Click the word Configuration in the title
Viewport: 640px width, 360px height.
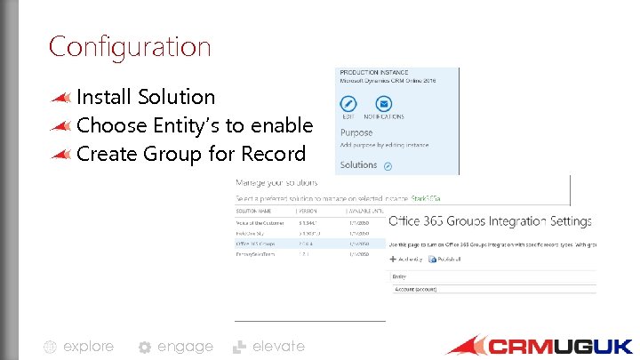[130, 46]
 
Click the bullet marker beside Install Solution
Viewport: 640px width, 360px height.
[61, 97]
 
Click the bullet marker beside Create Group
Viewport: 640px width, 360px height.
[61, 154]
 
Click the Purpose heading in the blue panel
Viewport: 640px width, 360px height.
[356, 132]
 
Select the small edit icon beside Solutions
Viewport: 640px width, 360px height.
[388, 165]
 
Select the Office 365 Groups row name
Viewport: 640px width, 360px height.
[257, 242]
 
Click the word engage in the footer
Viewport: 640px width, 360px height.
[185, 347]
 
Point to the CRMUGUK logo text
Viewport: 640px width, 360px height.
[559, 346]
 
